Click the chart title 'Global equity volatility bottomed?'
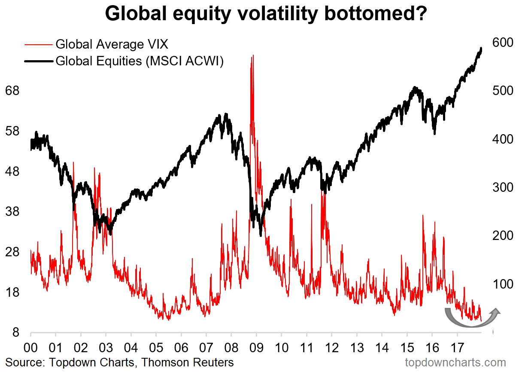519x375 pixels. pos(266,14)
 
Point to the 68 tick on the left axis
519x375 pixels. pos(12,91)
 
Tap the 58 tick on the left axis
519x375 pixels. pos(12,131)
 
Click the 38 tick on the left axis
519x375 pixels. pos(12,212)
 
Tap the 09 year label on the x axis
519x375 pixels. pos(256,346)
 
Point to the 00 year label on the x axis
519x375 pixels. pos(31,346)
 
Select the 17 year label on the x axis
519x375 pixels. pos(457,346)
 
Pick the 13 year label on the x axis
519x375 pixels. pos(357,346)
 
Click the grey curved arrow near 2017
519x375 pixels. pos(470,318)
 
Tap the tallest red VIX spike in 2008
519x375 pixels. pos(252,56)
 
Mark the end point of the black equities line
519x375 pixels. pos(481,48)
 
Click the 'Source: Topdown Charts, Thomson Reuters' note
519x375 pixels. pos(120,363)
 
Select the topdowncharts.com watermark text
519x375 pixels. pos(455,363)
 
